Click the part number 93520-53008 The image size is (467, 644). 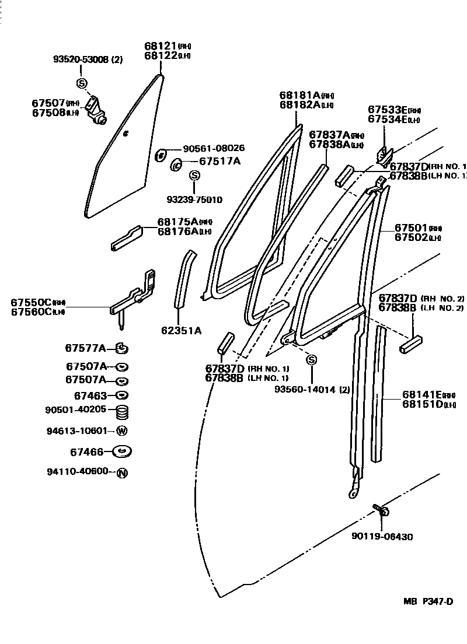click(x=82, y=59)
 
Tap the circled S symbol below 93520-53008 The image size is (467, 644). click(x=81, y=82)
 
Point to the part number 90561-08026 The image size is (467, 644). click(x=213, y=148)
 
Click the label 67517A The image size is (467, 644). click(x=219, y=161)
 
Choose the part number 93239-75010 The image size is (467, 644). click(x=194, y=199)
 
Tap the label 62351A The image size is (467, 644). click(x=181, y=330)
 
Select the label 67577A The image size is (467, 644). click(x=85, y=348)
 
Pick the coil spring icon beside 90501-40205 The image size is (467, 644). click(x=122, y=412)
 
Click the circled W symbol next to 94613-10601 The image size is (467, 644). click(x=121, y=432)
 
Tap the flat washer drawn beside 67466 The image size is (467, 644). click(x=122, y=452)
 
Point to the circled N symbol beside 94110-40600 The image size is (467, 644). click(x=121, y=473)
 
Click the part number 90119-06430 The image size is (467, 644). click(x=382, y=537)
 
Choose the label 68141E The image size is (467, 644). click(x=423, y=395)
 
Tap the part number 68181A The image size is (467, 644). click(x=300, y=95)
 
